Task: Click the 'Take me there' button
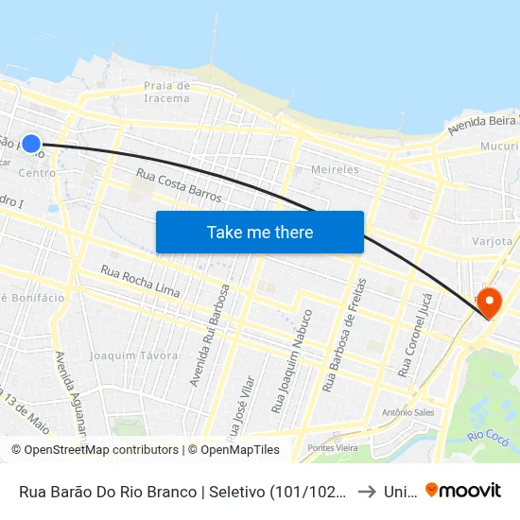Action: (x=259, y=232)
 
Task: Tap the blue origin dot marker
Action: (x=31, y=144)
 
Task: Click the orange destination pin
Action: (x=489, y=303)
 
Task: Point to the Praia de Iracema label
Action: (x=166, y=92)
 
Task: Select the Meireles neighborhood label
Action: (x=335, y=169)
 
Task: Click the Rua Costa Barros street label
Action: (x=179, y=186)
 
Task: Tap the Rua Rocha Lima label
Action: (x=140, y=282)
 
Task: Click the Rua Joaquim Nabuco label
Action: (x=291, y=360)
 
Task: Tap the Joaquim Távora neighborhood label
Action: (x=133, y=355)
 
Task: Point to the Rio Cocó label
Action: (x=490, y=435)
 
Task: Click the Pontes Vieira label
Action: (x=331, y=447)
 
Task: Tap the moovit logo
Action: (x=463, y=490)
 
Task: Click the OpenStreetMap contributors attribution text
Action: (x=95, y=450)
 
